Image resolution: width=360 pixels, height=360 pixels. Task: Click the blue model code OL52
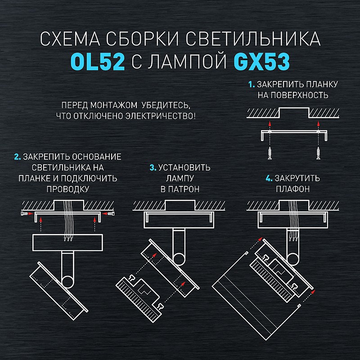point(98,62)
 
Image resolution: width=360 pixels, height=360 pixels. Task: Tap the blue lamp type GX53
point(261,62)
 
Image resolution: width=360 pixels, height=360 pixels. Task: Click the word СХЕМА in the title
point(70,39)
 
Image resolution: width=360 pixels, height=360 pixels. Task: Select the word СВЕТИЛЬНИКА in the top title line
point(253,39)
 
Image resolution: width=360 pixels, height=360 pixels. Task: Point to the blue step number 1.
point(252,85)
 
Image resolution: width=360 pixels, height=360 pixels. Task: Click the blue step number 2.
point(18,157)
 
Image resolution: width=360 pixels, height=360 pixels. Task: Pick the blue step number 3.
point(153,167)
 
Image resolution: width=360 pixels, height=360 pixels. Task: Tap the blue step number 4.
point(269,178)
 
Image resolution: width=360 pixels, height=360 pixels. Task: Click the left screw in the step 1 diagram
point(270,153)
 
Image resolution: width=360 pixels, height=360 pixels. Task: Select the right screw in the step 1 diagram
point(319,153)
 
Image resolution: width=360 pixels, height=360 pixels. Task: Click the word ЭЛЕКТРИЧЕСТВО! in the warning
point(161,116)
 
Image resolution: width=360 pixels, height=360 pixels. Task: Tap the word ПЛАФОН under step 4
point(293,189)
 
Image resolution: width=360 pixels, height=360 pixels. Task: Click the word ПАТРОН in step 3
point(184,189)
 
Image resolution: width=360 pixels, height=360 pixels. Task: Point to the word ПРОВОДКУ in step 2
point(68,189)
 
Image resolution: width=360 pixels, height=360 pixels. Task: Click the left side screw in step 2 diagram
point(24,214)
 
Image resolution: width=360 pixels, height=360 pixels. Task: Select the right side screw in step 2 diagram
point(111,214)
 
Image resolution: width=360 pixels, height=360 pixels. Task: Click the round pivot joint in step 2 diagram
point(68,282)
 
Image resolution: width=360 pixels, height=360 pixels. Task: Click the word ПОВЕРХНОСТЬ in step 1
point(293,95)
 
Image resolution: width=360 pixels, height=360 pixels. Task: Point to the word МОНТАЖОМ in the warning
point(114,105)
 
